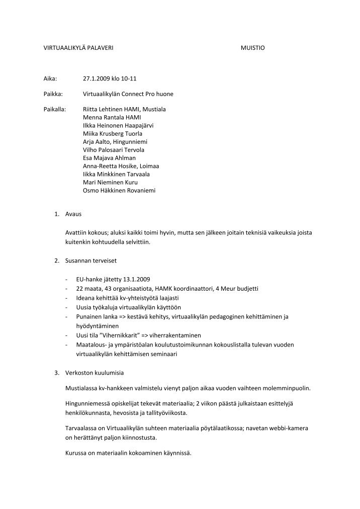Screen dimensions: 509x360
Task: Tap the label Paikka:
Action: (x=52, y=94)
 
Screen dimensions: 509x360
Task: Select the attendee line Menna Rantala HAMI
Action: (x=112, y=117)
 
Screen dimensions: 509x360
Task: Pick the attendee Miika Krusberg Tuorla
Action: (x=112, y=133)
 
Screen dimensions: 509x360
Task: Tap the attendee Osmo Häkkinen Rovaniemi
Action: (x=119, y=191)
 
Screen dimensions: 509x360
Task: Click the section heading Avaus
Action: (x=73, y=214)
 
